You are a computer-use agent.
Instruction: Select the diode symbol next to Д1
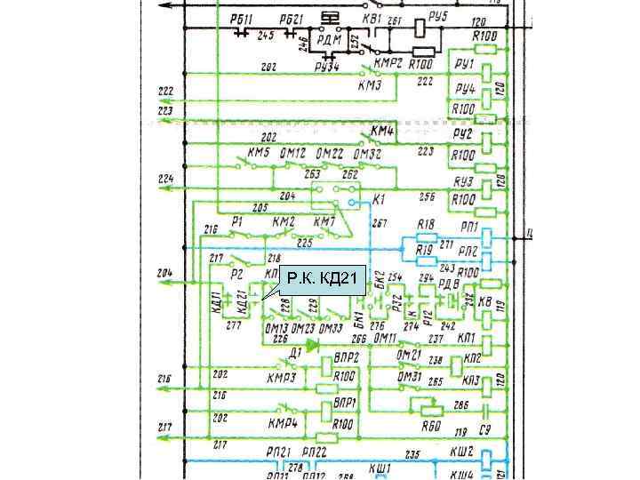312,343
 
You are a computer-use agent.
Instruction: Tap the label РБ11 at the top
240,20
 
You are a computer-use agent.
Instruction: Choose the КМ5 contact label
258,153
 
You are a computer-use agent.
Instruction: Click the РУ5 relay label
437,17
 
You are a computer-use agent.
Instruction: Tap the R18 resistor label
427,225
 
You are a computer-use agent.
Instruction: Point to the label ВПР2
345,357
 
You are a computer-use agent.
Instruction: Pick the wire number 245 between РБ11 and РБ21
265,37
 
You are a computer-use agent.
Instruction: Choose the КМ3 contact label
370,85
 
